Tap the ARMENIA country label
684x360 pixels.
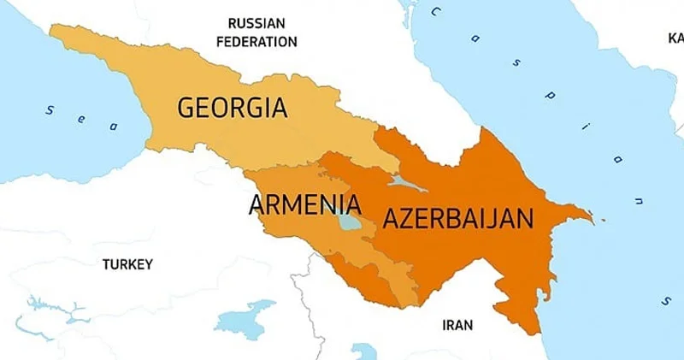pyautogui.click(x=304, y=205)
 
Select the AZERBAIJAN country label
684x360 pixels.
pyautogui.click(x=457, y=218)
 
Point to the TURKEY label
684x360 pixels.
pyautogui.click(x=127, y=264)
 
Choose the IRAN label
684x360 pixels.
pyautogui.click(x=457, y=325)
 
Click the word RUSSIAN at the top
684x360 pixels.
pyautogui.click(x=256, y=23)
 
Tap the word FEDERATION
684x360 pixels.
pyautogui.click(x=256, y=41)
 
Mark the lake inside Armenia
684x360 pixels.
pyautogui.click(x=349, y=223)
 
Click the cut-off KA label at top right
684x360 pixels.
pyautogui.click(x=675, y=38)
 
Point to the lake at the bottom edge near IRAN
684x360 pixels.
pyautogui.click(x=363, y=351)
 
